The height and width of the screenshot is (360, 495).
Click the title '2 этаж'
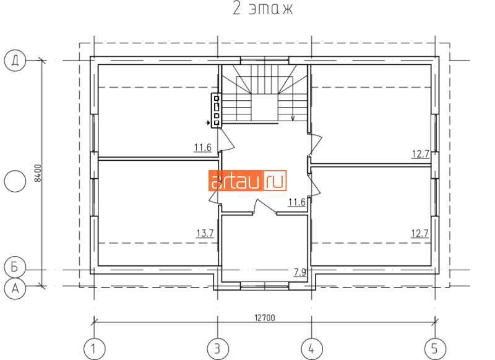click(262, 9)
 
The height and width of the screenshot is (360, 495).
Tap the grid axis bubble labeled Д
click(15, 60)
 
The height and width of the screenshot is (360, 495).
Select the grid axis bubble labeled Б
click(15, 268)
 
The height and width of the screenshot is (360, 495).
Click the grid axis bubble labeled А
click(15, 288)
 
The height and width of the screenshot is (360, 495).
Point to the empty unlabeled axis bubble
click(15, 181)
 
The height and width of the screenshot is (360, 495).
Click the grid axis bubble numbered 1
click(94, 349)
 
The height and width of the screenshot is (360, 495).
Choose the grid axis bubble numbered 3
click(218, 349)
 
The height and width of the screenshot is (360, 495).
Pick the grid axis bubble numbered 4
click(312, 349)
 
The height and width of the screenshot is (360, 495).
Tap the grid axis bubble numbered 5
click(435, 349)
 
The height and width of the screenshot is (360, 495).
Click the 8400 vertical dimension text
click(38, 173)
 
